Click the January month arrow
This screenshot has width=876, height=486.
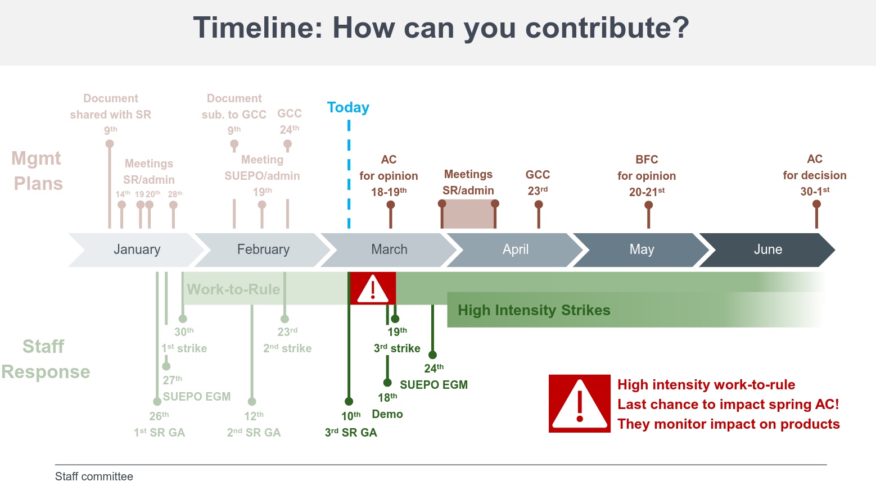[137, 249]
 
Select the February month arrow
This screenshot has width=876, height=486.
[263, 249]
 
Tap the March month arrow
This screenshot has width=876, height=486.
[389, 249]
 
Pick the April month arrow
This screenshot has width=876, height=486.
[515, 249]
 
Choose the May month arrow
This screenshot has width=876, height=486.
[642, 249]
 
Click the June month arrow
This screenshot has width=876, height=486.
[767, 249]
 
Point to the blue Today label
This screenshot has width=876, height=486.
[348, 107]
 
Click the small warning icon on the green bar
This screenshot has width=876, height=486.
[373, 289]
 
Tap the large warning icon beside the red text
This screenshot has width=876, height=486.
[580, 403]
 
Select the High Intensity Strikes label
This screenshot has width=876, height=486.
[534, 310]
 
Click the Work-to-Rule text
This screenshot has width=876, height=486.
[233, 289]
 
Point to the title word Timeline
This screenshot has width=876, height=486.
[258, 28]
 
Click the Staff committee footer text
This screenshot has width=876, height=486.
[94, 476]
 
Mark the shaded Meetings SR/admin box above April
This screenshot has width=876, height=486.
[468, 215]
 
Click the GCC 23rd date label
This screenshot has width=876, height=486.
[538, 190]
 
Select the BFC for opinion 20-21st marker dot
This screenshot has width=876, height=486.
[648, 205]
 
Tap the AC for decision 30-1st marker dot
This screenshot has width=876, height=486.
[816, 204]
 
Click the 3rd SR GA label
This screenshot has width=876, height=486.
[351, 433]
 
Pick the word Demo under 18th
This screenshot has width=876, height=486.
[387, 414]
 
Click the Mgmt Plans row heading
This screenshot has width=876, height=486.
[38, 171]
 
